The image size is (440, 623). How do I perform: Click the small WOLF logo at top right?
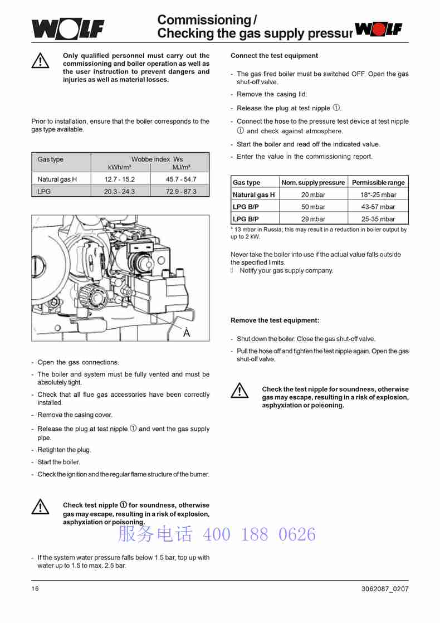point(379,29)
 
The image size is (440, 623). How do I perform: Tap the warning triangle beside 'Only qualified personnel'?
point(40,61)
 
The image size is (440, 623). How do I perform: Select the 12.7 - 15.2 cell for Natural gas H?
point(119,179)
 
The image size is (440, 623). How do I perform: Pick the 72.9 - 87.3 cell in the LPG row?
point(181,191)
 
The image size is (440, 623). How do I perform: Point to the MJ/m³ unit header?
point(181,167)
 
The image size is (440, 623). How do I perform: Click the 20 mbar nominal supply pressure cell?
point(313,194)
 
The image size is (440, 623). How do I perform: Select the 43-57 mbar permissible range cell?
point(378,207)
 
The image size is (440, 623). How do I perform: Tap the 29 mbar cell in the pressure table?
point(313,219)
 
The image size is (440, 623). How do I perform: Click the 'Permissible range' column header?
point(378,182)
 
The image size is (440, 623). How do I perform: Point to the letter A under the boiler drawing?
point(187,333)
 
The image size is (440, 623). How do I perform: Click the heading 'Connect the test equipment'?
point(274,56)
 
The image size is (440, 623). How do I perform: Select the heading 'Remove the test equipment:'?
point(275,320)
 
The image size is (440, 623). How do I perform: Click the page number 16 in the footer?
point(35,589)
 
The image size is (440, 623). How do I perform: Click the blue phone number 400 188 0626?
point(259,534)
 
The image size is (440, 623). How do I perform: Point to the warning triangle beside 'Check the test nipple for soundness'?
point(239,391)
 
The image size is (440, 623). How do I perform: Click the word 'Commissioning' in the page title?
point(204,20)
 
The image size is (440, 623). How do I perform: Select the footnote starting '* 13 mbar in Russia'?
point(319,232)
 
